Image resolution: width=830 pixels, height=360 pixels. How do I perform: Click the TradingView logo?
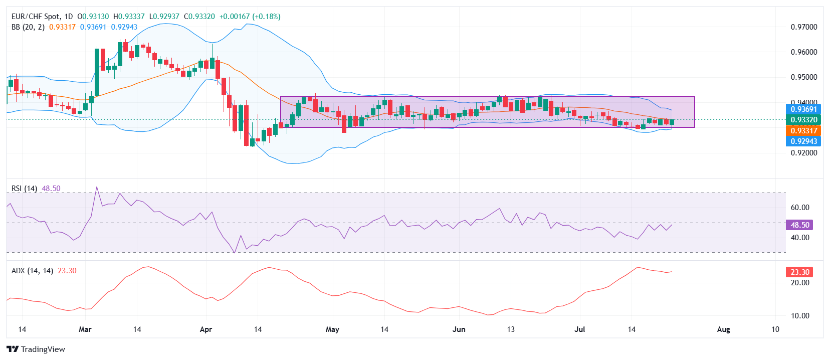pos(36,349)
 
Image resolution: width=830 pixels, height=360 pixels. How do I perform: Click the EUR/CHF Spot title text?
pos(35,17)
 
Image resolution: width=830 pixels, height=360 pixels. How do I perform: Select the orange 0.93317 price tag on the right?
pos(803,130)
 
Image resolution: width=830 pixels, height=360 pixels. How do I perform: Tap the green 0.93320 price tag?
pos(803,119)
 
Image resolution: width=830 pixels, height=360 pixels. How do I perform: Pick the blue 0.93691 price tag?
pos(803,109)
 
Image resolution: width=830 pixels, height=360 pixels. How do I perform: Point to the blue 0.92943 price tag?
pos(803,141)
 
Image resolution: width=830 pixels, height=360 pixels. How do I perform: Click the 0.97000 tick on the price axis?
pos(803,27)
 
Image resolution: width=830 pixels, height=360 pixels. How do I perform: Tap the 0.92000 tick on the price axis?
pos(803,153)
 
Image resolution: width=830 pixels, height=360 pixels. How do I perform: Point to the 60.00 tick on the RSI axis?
pos(800,208)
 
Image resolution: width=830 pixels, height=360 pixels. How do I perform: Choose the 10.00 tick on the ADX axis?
pos(800,316)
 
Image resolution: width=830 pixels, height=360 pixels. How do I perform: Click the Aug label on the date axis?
pos(723,329)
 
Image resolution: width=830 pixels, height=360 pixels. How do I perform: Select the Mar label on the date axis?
pos(85,329)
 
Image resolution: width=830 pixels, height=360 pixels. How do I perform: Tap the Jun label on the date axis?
pos(459,329)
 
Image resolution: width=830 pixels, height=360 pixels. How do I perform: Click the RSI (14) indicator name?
pos(24,189)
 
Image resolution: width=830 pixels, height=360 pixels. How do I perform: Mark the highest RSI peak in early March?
pos(97,187)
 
